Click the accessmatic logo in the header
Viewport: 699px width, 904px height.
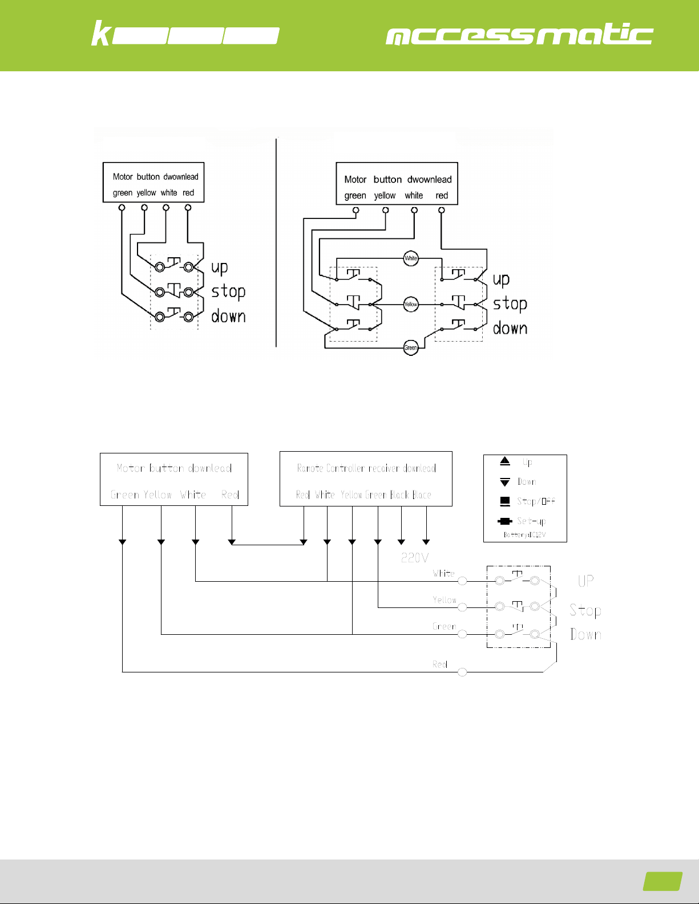(x=519, y=35)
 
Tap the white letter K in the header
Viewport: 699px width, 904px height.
(x=100, y=34)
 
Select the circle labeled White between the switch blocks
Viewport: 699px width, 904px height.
(x=411, y=258)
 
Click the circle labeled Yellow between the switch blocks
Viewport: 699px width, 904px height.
(x=411, y=305)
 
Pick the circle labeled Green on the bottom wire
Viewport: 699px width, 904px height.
(x=411, y=347)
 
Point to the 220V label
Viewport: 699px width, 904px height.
(x=415, y=558)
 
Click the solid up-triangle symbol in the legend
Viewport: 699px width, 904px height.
(x=505, y=461)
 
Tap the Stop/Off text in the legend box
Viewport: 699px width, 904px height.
(x=536, y=501)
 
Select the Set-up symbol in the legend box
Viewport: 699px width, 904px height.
(x=505, y=521)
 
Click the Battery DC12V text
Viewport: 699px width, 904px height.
(x=524, y=535)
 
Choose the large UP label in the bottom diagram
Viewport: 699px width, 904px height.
(x=585, y=581)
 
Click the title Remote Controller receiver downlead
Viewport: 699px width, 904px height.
(x=366, y=468)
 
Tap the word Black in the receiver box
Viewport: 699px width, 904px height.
(x=399, y=494)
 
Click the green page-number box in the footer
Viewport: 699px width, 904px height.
(x=662, y=881)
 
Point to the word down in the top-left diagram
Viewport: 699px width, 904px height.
(x=228, y=316)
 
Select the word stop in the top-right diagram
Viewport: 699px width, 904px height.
(x=510, y=304)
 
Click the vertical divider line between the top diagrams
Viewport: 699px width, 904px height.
(x=276, y=242)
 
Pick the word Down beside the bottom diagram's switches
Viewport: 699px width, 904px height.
(x=585, y=634)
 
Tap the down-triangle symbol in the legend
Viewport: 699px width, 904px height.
(x=505, y=482)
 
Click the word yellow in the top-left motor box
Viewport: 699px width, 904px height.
(x=146, y=193)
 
